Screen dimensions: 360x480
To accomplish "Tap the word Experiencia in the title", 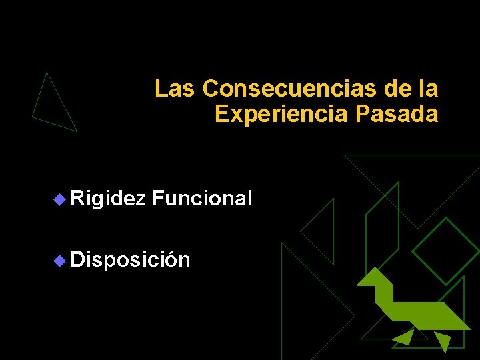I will click(x=281, y=114).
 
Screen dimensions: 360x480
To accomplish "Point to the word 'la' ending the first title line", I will click(x=429, y=88).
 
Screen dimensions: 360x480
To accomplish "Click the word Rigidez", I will click(x=107, y=198).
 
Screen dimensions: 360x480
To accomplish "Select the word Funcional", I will click(x=202, y=198).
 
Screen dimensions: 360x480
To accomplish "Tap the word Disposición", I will click(x=130, y=259).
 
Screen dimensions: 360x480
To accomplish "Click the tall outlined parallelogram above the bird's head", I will click(x=382, y=227).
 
